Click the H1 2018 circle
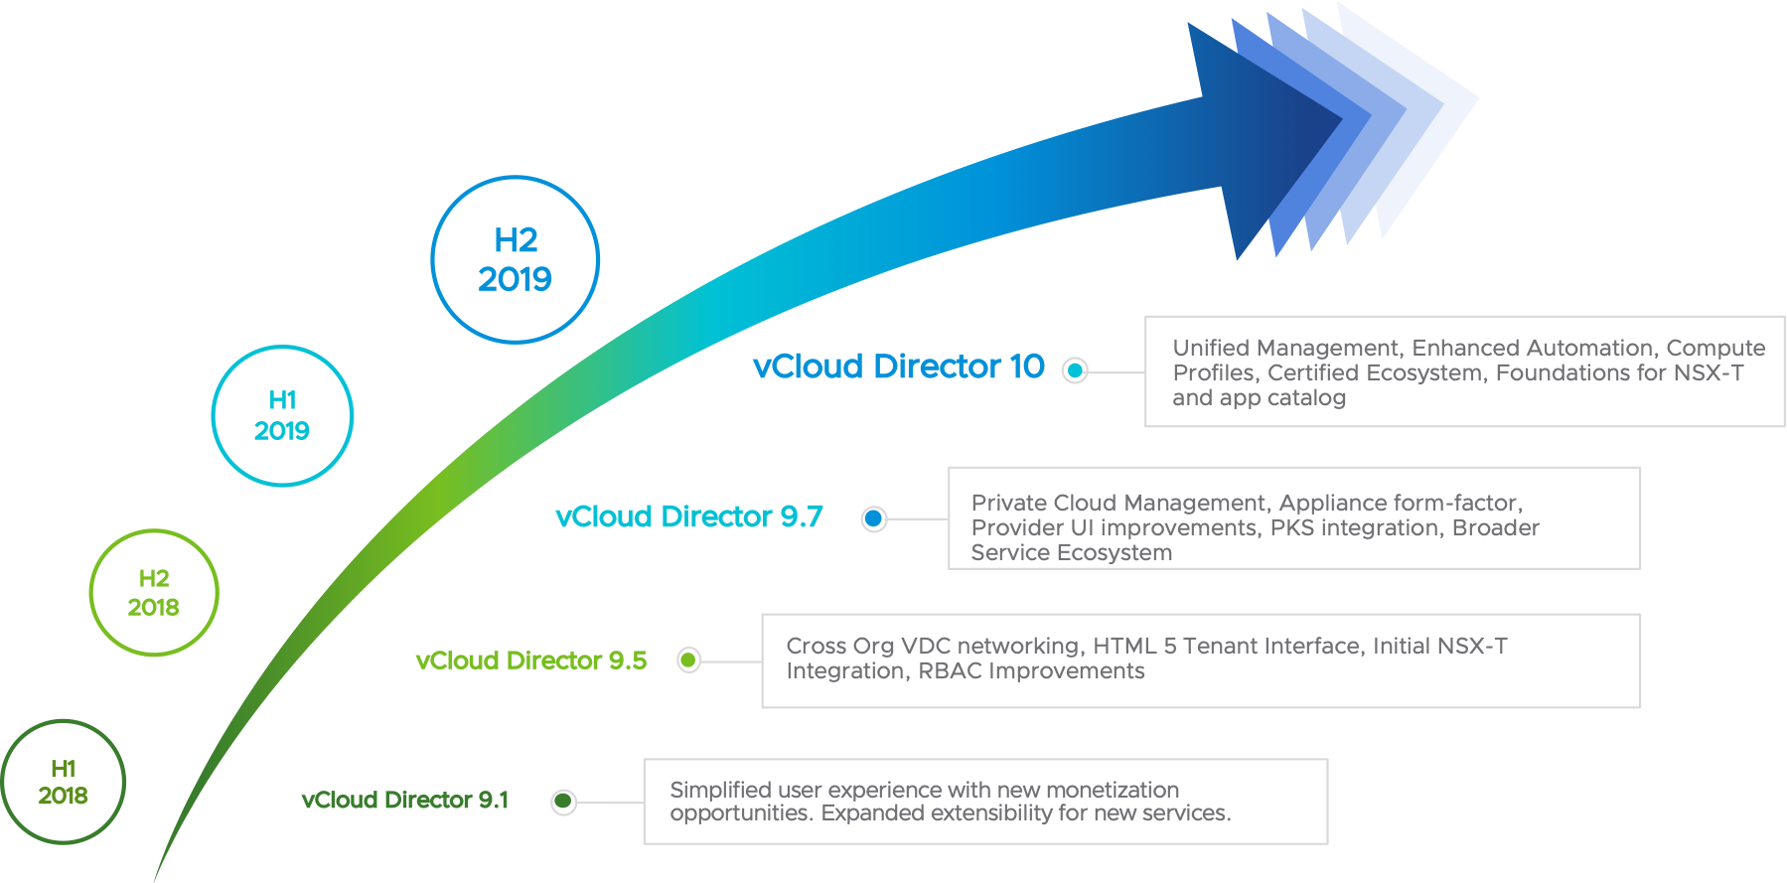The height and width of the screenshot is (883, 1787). point(64,782)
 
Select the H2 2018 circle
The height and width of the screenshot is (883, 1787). point(154,593)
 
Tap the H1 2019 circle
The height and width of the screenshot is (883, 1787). point(282,415)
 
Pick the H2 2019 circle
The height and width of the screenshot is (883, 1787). point(516,259)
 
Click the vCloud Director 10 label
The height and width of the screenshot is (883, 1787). point(898,367)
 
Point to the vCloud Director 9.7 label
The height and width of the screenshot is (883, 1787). point(689,516)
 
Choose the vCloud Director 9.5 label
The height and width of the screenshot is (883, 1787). point(530,661)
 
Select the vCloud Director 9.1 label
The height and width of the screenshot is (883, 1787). point(404,800)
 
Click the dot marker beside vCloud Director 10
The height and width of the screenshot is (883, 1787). point(1075,370)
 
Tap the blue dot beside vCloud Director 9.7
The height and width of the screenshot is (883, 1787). point(874,518)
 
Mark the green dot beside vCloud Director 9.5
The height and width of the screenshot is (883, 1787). point(688,660)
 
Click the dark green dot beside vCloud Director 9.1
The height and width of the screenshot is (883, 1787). point(563,802)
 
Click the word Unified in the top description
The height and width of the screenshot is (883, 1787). point(1211,348)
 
